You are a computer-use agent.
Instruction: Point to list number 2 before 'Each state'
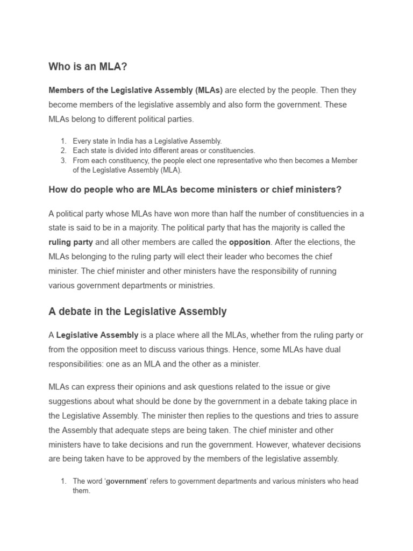coord(63,151)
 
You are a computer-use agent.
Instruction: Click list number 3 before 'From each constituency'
coord(63,160)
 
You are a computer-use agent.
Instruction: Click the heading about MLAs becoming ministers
coord(195,189)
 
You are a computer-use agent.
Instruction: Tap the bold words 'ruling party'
coord(70,242)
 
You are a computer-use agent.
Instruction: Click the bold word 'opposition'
coord(250,242)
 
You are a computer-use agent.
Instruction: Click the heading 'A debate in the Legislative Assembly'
coord(138,312)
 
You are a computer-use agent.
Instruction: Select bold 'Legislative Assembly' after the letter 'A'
coord(97,335)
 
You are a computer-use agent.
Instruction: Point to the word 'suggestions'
coord(70,401)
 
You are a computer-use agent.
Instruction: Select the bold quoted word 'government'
coord(126,481)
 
